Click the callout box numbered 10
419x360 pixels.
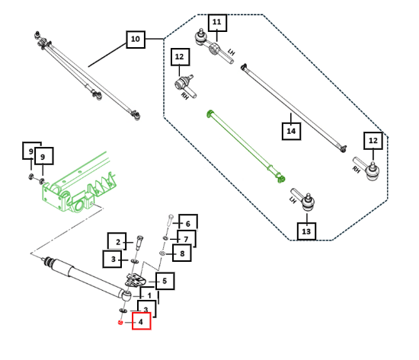136,40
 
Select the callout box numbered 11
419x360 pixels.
217,23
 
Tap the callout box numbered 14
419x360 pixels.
291,131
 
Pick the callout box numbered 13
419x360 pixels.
306,231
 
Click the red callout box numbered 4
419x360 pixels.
142,321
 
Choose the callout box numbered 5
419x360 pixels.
165,281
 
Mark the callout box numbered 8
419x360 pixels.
182,253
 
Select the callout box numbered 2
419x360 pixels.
117,241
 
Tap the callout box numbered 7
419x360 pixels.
187,238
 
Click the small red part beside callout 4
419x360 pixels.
120,323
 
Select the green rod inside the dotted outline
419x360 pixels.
246,146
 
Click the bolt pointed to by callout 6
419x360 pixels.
170,221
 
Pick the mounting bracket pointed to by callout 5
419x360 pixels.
136,281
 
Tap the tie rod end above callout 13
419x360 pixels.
303,199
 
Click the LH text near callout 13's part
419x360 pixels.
293,199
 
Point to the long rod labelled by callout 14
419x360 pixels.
293,108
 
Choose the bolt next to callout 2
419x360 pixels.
139,243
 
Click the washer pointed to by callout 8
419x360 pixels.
162,253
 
